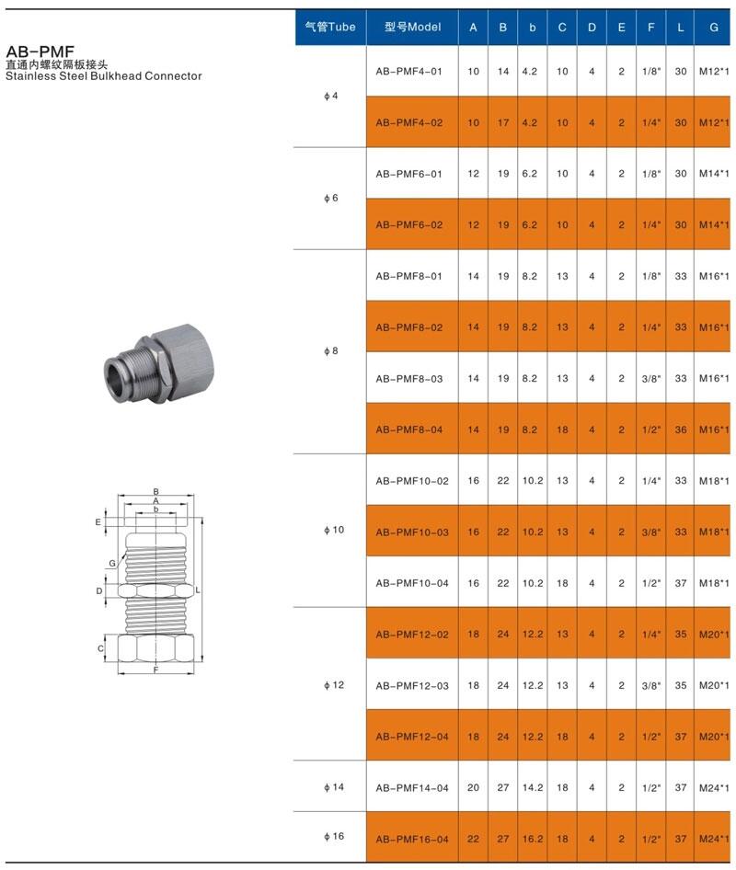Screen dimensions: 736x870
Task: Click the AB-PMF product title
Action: [40, 52]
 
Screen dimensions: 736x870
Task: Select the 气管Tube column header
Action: [330, 27]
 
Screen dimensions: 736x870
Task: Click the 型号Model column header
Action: [412, 27]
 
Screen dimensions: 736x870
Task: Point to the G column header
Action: [714, 28]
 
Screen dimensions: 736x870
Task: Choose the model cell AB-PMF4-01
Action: [409, 72]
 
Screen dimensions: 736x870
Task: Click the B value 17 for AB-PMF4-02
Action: [503, 122]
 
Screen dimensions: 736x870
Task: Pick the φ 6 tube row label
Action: [331, 198]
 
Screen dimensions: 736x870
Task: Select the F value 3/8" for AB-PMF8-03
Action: [651, 378]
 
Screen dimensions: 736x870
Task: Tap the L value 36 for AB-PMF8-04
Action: [681, 429]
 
